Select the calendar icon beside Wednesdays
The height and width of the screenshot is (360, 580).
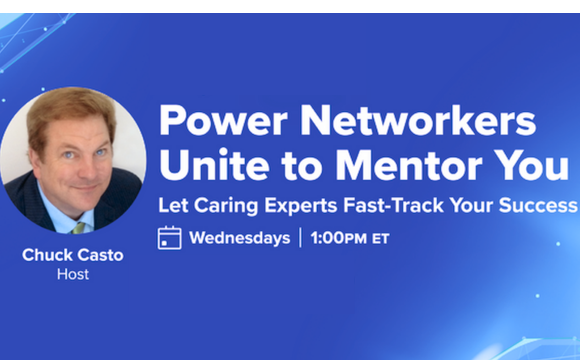click(170, 238)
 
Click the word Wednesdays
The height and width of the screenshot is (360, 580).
click(239, 238)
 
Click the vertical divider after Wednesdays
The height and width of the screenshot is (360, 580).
click(299, 238)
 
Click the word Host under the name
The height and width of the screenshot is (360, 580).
click(72, 274)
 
